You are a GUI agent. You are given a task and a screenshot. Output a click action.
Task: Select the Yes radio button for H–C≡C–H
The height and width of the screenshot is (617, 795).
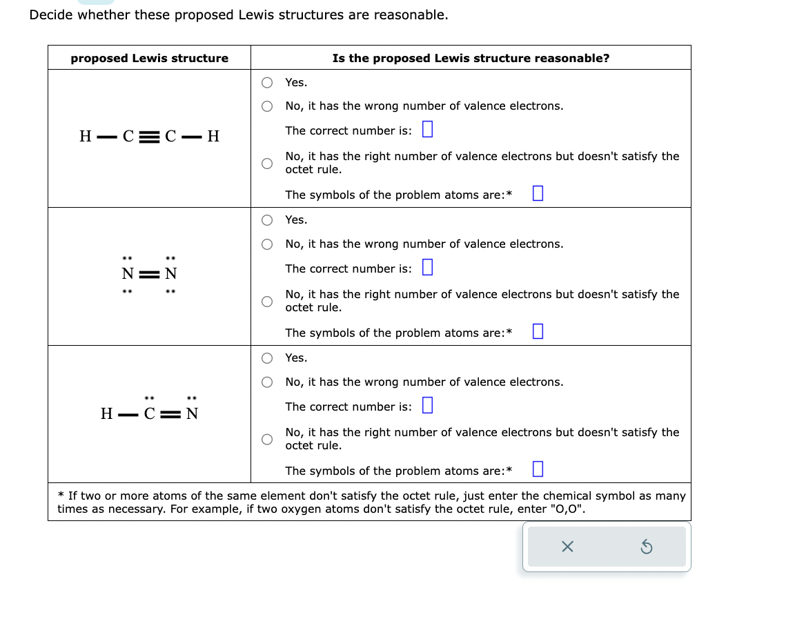click(x=267, y=83)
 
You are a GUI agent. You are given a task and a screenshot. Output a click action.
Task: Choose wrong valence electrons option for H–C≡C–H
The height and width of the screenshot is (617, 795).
click(x=267, y=106)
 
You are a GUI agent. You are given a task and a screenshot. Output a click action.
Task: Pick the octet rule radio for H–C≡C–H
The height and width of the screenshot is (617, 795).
click(x=267, y=163)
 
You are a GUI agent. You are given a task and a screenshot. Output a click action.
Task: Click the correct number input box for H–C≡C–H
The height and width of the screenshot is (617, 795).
click(x=426, y=130)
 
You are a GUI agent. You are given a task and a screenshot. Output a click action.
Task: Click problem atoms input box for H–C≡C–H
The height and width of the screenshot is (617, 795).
click(x=538, y=194)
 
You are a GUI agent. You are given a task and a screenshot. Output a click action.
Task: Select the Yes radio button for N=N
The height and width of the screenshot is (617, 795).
click(x=267, y=220)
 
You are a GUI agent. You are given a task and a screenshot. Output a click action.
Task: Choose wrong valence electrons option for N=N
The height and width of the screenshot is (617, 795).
click(x=267, y=244)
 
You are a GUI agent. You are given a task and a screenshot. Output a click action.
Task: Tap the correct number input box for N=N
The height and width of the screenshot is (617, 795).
click(x=426, y=268)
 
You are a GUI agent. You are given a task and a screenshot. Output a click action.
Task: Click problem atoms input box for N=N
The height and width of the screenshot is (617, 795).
click(x=538, y=332)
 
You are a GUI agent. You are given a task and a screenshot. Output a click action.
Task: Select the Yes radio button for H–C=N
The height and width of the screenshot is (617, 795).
click(x=267, y=358)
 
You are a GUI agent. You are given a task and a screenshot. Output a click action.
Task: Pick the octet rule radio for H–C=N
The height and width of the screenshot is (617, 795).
click(x=267, y=439)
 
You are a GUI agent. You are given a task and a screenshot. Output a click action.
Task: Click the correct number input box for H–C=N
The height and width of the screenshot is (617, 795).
click(x=426, y=406)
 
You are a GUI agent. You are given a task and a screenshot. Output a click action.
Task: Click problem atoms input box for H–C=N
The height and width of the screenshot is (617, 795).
click(x=538, y=470)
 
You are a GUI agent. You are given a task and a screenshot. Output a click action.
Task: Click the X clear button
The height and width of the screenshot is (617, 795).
click(x=567, y=547)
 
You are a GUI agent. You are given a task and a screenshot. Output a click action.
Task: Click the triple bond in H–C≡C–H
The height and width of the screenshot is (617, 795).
click(x=149, y=136)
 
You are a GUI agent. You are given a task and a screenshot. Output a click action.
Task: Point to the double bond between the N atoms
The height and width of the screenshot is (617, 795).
click(x=149, y=274)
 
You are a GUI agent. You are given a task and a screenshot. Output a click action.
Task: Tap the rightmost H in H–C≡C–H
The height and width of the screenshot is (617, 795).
click(x=213, y=136)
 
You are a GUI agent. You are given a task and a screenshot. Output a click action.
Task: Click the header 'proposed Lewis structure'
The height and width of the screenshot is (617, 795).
click(x=149, y=58)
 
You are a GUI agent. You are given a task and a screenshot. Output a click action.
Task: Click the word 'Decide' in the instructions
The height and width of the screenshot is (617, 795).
click(x=51, y=15)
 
